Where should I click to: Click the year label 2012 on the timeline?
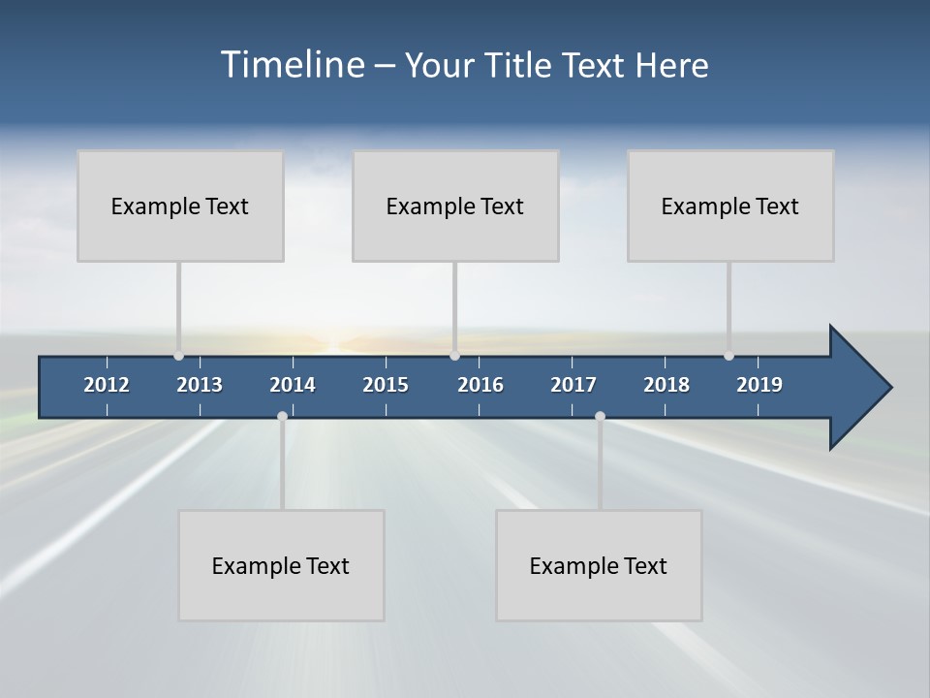point(107,385)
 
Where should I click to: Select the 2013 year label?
point(200,385)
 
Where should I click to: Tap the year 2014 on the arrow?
point(293,385)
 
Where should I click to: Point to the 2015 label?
point(386,385)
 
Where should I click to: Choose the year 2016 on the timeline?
point(480,385)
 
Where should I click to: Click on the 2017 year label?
point(573,385)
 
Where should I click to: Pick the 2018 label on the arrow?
point(666,385)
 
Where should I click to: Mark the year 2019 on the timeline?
point(759,385)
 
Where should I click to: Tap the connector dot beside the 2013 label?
point(178,356)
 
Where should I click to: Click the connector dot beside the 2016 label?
point(454,356)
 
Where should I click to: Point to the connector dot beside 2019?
point(728,356)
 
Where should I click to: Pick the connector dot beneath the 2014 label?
point(282,416)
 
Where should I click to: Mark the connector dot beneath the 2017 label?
point(600,416)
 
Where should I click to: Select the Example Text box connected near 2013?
point(180,206)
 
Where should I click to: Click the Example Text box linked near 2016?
point(455,206)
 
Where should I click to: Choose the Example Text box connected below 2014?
point(281,565)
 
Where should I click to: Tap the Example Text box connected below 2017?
point(599,565)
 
